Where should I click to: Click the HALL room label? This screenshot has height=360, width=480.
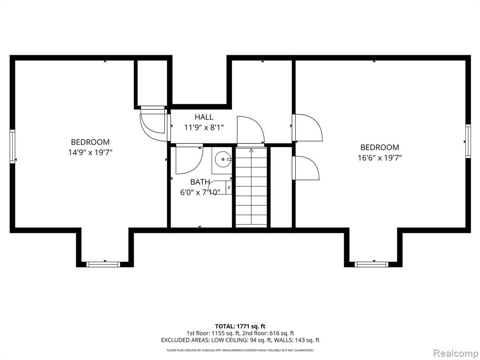coord(204,117)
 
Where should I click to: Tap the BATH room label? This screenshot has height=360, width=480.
coord(200,182)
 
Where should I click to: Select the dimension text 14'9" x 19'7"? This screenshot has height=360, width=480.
coord(90,152)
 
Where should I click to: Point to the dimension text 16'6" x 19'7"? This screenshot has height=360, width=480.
coord(380,157)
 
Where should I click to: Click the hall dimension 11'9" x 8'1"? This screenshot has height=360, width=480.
coord(204,127)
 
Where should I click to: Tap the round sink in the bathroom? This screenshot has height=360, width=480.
coord(223,159)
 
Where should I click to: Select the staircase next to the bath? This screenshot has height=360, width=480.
coord(251,187)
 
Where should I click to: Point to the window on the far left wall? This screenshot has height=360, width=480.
coord(12,146)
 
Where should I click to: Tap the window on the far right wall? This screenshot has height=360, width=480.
coord(468,141)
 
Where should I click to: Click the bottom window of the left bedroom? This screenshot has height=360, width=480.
coord(103,264)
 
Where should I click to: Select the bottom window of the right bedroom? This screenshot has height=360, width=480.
coord(371,264)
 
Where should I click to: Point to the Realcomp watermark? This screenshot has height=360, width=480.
coord(456,353)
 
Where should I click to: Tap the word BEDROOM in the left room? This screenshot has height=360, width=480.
coord(90,142)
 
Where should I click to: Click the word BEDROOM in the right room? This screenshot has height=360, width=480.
coord(380,147)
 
